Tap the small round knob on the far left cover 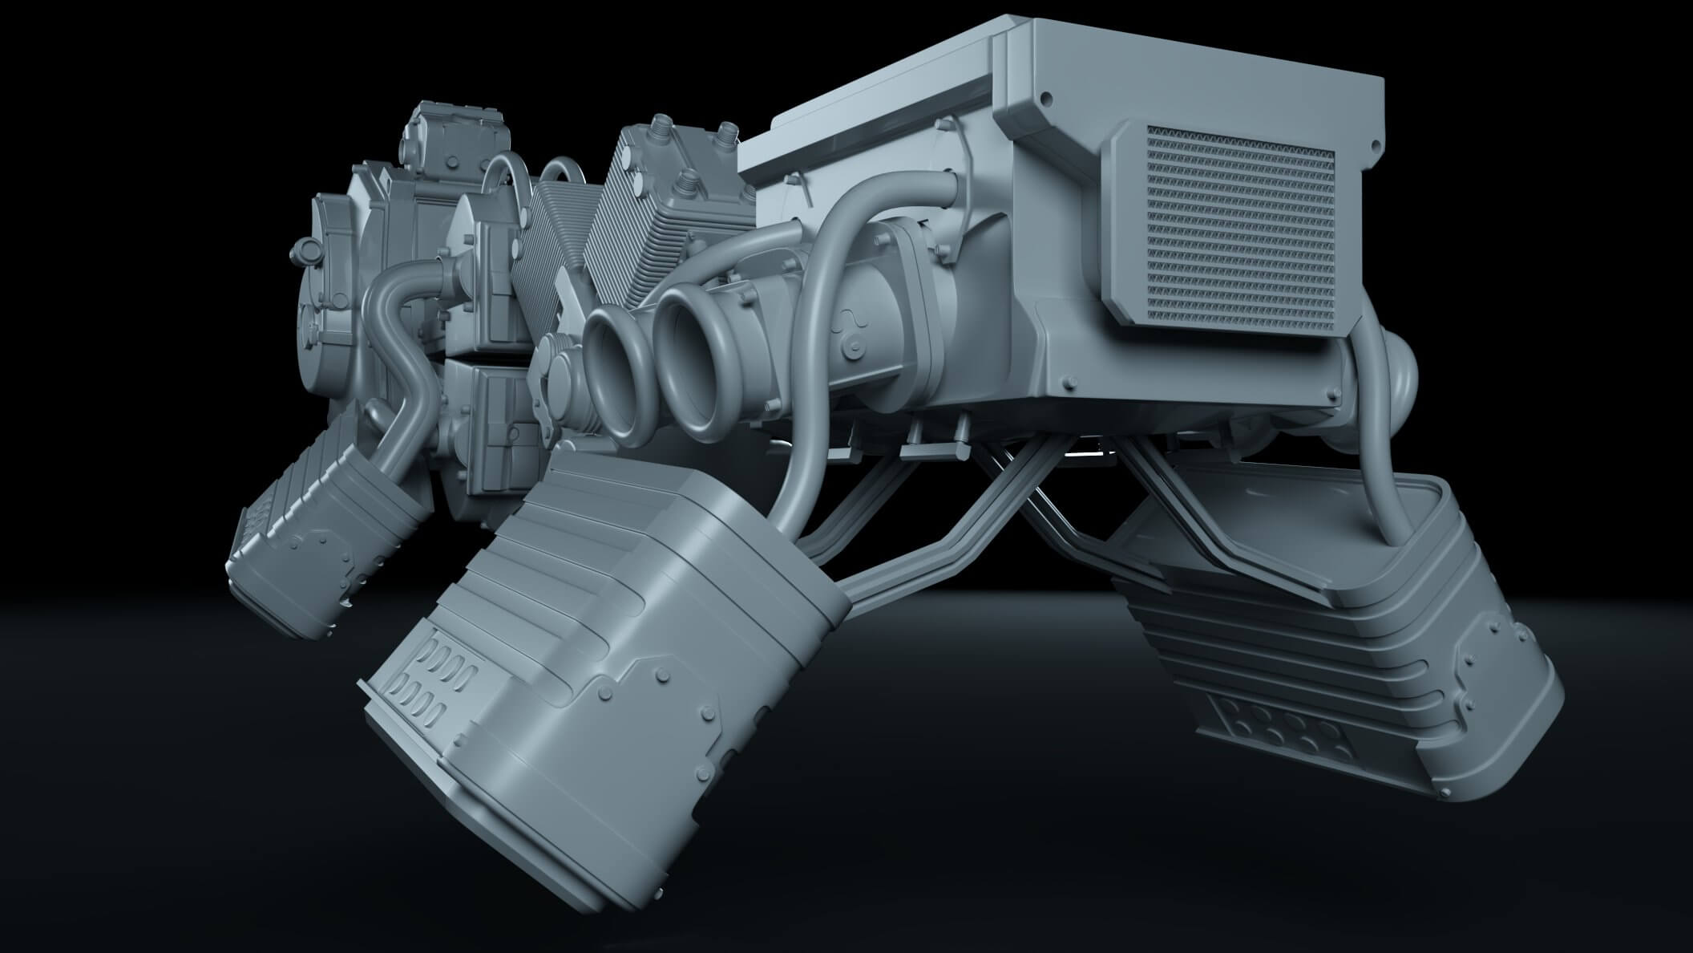point(304,251)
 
